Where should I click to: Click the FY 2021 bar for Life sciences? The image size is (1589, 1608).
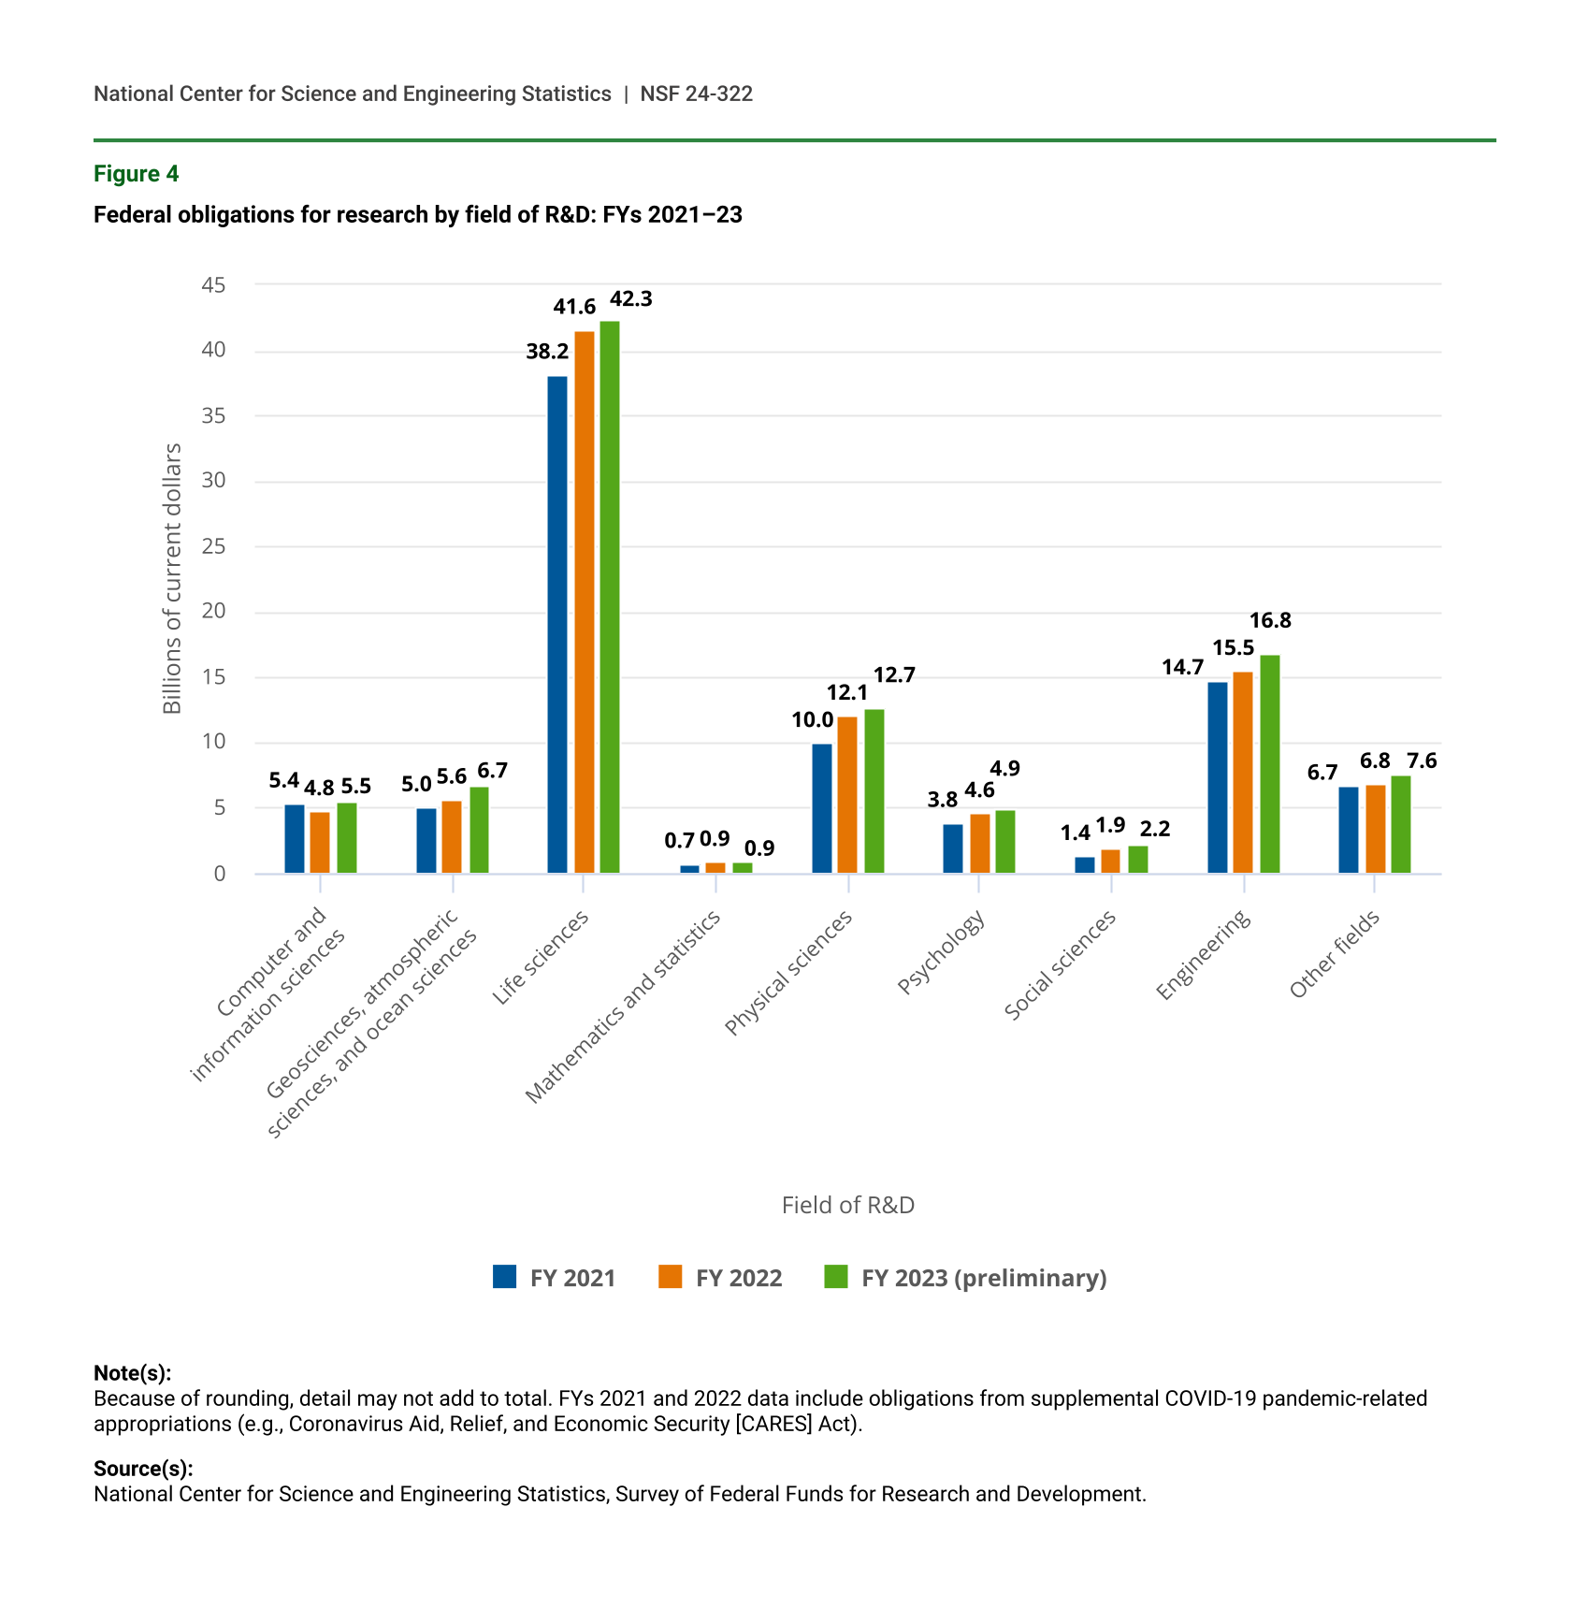(556, 625)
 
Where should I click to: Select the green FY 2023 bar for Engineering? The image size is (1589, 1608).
(1269, 764)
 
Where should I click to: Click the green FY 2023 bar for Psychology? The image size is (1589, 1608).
(1004, 842)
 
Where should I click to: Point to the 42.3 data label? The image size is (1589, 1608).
(631, 299)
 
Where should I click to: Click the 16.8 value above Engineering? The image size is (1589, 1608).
(1270, 620)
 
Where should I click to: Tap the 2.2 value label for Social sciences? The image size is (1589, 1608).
(1155, 829)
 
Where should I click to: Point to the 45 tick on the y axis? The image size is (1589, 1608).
(214, 285)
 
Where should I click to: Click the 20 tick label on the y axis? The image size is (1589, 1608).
(214, 612)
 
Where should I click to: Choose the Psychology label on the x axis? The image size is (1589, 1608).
(941, 953)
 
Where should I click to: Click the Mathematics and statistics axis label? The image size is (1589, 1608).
(623, 1007)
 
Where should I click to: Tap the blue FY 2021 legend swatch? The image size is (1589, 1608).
(504, 1277)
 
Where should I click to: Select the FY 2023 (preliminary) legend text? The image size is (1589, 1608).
(984, 1278)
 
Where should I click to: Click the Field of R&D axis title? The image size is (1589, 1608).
(847, 1205)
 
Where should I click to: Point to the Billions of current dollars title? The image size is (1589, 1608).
(172, 579)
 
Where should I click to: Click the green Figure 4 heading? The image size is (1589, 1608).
(136, 174)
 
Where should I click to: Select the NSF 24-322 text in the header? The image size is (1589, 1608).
(696, 94)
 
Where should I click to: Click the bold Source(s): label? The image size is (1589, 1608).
(143, 1469)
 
